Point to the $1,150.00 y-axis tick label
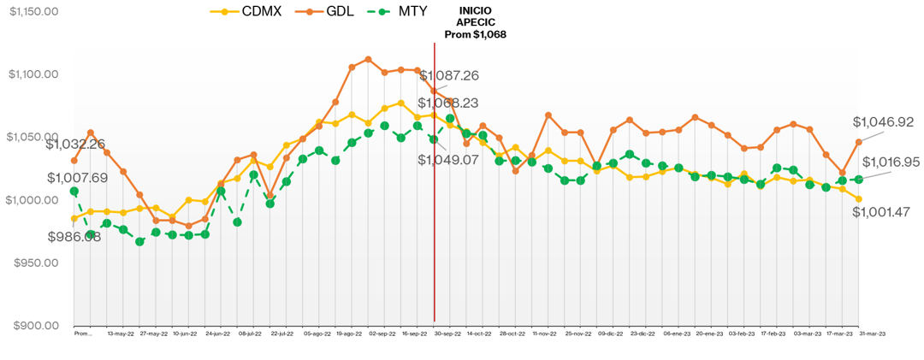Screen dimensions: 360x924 coord(33,12)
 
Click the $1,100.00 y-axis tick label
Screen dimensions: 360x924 coord(33,74)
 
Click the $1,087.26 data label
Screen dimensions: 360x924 coord(448,75)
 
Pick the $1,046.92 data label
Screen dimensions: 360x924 coord(884,122)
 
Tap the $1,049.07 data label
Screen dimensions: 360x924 coord(448,159)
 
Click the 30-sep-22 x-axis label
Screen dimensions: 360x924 coord(448,334)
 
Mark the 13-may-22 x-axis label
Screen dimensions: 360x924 coord(121,334)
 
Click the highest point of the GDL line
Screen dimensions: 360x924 coord(368,59)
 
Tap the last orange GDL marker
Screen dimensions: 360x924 coord(859,142)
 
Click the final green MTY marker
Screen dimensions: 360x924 coord(859,180)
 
